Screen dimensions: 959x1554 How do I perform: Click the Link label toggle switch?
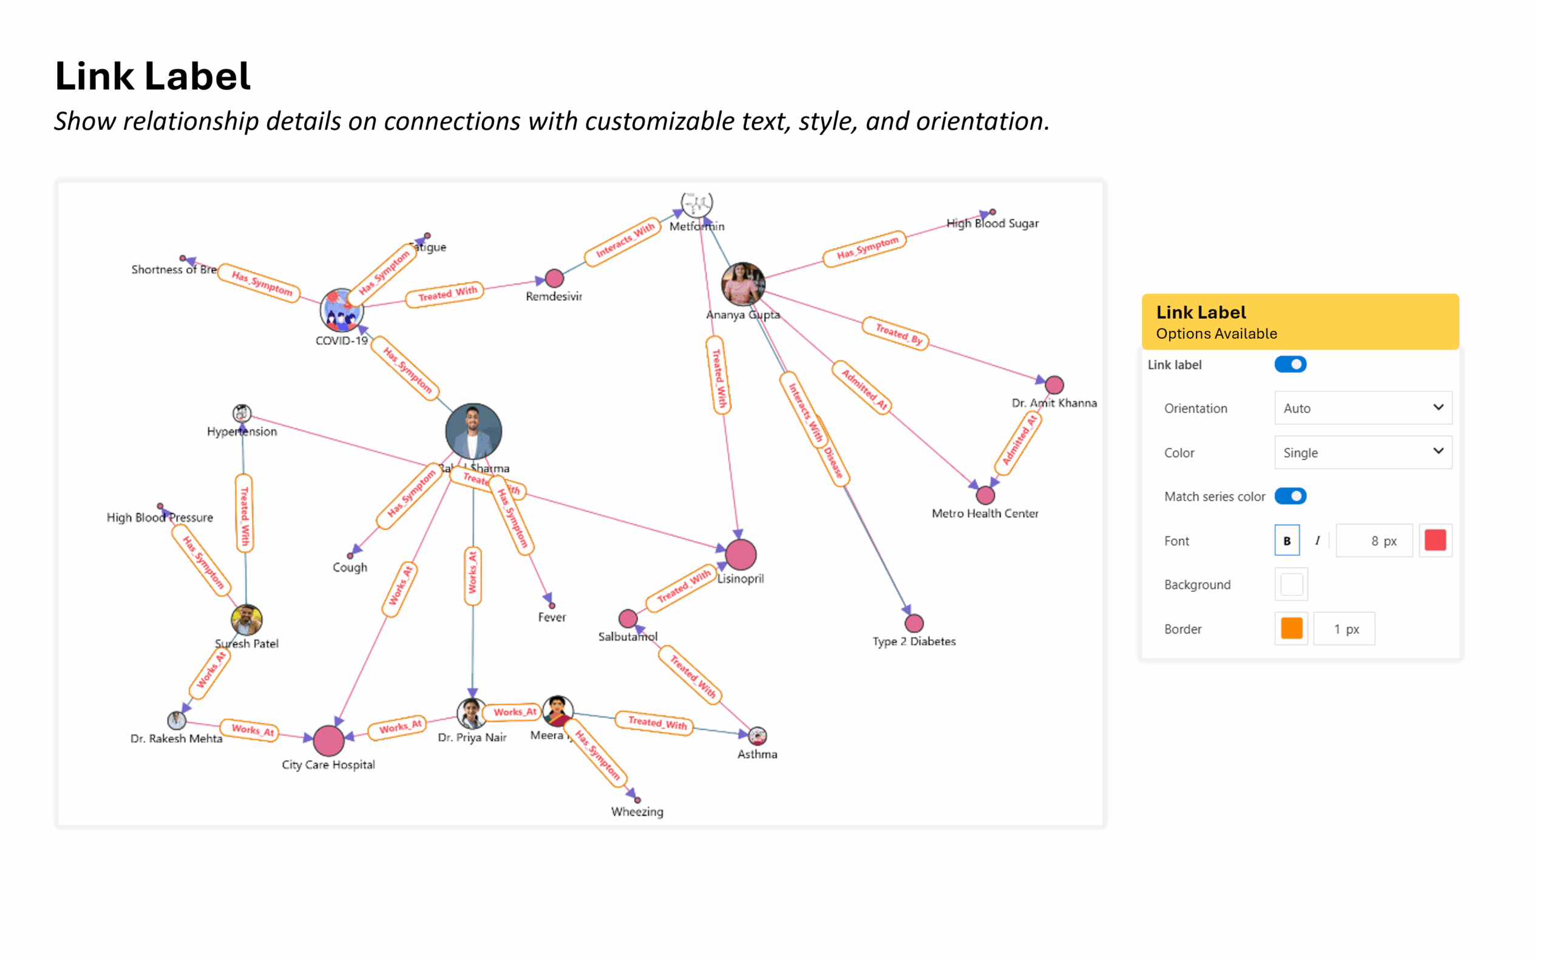point(1289,364)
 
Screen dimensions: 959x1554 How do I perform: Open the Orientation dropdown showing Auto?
point(1362,408)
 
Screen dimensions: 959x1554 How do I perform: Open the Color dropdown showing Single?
point(1362,452)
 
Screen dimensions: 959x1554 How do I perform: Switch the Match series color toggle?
point(1289,496)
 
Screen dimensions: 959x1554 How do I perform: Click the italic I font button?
point(1317,540)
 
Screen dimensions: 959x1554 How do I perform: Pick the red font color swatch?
point(1435,540)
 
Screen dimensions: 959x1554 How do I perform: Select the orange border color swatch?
point(1291,629)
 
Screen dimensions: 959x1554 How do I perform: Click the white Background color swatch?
point(1291,584)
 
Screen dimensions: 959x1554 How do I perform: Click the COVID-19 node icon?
point(341,310)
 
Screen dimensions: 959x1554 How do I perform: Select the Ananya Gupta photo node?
point(743,283)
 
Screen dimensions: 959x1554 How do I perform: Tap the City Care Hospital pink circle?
point(328,739)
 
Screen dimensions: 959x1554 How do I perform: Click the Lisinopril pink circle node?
point(740,554)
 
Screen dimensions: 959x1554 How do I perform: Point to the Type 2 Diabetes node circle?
point(914,623)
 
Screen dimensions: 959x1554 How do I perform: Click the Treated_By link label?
point(895,334)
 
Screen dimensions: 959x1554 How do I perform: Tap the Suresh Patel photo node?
point(246,620)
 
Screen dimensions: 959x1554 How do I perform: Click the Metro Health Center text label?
point(985,513)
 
